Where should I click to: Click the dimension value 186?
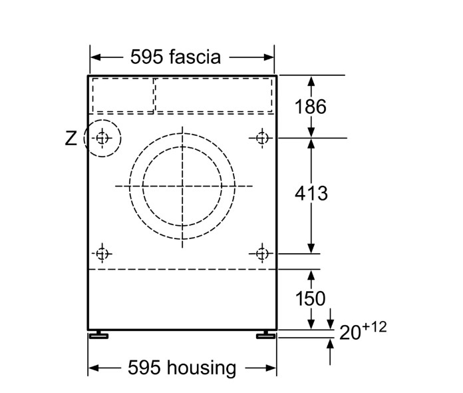pos(311,107)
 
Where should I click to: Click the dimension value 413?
pos(311,193)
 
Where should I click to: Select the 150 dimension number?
pos(311,298)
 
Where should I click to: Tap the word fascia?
pos(195,57)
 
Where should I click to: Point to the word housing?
pos(202,368)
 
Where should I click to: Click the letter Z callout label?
pos(71,139)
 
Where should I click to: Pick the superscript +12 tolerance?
pos(375,327)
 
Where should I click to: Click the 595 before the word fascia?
pos(147,57)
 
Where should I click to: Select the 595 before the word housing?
pos(144,367)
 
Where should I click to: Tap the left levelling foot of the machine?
pos(98,334)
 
